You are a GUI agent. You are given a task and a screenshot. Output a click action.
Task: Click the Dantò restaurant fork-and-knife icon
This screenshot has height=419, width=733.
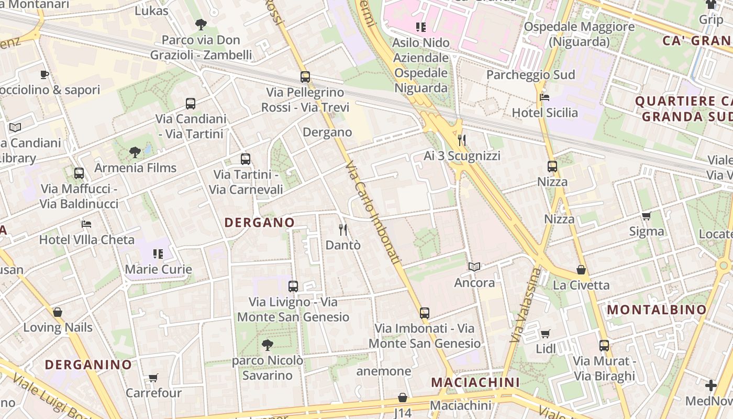coord(343,229)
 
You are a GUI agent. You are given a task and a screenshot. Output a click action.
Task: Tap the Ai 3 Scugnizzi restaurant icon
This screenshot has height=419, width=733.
coord(462,140)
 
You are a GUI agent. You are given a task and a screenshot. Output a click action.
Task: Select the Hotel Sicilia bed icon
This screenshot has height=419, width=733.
coord(545,97)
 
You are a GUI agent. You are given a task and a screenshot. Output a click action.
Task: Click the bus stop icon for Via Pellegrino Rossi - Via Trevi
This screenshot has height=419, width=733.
coord(305,77)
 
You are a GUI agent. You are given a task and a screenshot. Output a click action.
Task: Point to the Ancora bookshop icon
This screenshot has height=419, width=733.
coord(474,267)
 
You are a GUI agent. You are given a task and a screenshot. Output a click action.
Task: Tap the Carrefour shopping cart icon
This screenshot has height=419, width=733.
coord(153,378)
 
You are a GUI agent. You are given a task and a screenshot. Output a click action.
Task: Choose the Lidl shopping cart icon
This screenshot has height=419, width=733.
coord(546,334)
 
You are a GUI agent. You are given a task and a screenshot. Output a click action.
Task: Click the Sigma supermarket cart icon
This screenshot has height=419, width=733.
coord(647,216)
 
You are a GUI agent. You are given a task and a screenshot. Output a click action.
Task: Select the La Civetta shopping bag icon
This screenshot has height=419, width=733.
coord(581,270)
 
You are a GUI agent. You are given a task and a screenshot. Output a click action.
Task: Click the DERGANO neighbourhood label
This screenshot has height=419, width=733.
coord(260,223)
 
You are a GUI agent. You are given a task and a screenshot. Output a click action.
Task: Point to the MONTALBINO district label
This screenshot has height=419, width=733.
coord(657,310)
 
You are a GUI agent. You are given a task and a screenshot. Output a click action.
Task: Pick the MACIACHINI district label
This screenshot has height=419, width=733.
coord(475,382)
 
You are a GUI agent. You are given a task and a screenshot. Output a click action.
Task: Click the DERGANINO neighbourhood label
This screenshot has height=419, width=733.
coord(88,365)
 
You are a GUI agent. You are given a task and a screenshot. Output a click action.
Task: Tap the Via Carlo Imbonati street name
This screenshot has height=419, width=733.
coord(373,212)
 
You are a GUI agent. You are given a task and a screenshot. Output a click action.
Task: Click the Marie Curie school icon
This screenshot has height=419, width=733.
coord(158,254)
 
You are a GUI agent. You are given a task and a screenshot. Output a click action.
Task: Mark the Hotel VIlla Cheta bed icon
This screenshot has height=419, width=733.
coord(87,224)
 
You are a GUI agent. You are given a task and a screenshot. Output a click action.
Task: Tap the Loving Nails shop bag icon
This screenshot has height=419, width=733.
coord(58,312)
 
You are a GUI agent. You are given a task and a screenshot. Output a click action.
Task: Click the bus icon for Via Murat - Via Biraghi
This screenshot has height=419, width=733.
coord(604,346)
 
